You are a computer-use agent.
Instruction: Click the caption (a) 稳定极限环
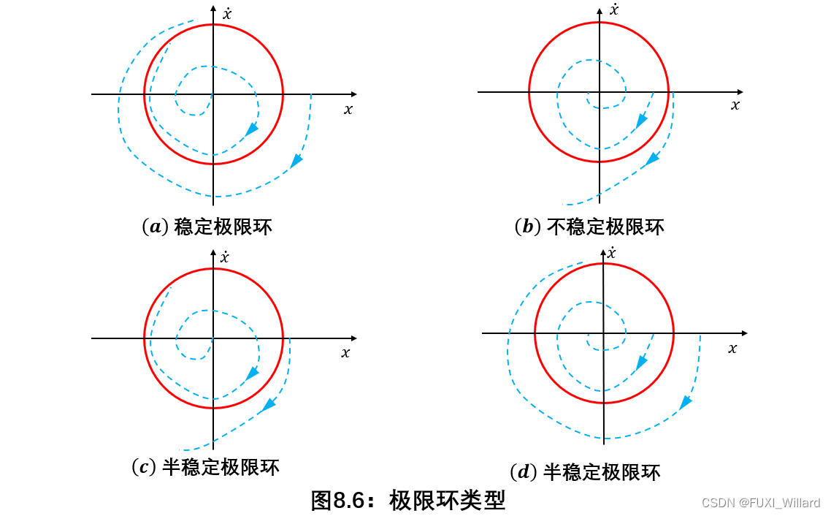point(207,227)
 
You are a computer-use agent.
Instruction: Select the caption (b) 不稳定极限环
point(589,227)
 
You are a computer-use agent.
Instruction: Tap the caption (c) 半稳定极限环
point(205,467)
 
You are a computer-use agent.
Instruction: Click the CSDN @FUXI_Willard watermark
point(760,503)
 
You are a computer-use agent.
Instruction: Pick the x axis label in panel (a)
point(348,110)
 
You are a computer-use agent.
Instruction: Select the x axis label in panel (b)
point(735,105)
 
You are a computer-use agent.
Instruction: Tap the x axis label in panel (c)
point(345,353)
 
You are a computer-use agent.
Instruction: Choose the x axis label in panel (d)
point(732,349)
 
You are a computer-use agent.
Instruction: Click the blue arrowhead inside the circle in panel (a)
point(252,129)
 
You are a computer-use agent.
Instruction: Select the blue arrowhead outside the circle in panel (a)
point(296,161)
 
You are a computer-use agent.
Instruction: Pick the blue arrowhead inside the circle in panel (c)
point(252,373)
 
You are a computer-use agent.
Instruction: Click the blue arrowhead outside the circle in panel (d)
point(686,402)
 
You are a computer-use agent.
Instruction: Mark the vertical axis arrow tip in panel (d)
point(604,249)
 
